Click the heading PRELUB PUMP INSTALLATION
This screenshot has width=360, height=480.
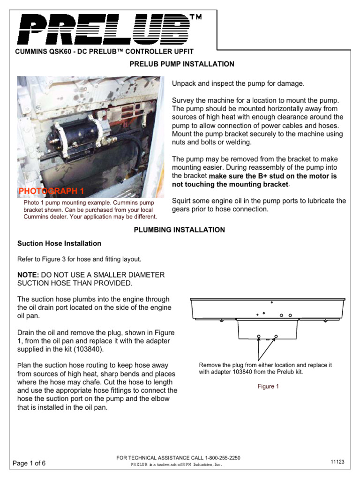181,64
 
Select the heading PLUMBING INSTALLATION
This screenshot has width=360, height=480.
180,230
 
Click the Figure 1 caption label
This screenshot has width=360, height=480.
268,387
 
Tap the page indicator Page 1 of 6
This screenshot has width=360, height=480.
32,463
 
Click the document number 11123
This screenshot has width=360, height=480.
337,462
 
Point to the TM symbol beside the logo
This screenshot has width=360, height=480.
195,18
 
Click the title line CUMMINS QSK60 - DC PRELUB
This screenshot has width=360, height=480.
105,51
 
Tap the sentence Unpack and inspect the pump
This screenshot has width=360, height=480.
238,83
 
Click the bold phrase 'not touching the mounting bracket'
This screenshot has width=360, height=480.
229,184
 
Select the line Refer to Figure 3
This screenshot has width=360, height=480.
79,259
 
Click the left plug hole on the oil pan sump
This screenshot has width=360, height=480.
258,336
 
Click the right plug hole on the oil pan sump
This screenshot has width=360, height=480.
276,336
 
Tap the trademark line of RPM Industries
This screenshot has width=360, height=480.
175,465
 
